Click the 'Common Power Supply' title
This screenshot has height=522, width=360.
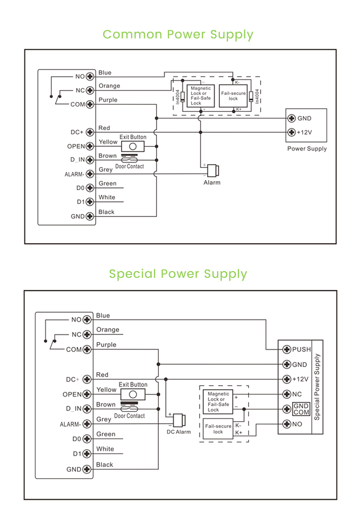[178, 35]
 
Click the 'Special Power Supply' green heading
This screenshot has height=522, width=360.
[178, 273]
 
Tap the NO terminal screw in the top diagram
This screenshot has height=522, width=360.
[89, 76]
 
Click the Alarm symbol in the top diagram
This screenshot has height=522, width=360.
[212, 170]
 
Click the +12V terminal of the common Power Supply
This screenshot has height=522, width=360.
[291, 132]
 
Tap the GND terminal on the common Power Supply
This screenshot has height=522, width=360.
[291, 119]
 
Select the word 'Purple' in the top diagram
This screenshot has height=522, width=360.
[108, 100]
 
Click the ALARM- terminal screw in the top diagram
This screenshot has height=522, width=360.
[89, 174]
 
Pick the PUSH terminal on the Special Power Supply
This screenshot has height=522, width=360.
[287, 349]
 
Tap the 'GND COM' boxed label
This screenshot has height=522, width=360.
[301, 409]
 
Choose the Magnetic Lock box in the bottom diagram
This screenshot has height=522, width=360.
[218, 402]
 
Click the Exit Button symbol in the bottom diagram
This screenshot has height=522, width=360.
[133, 394]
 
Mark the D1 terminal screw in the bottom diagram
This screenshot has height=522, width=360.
[87, 454]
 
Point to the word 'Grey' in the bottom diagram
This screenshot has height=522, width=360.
[104, 419]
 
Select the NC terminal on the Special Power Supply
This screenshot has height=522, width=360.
[287, 394]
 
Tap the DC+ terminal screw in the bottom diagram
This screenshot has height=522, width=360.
[87, 380]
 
